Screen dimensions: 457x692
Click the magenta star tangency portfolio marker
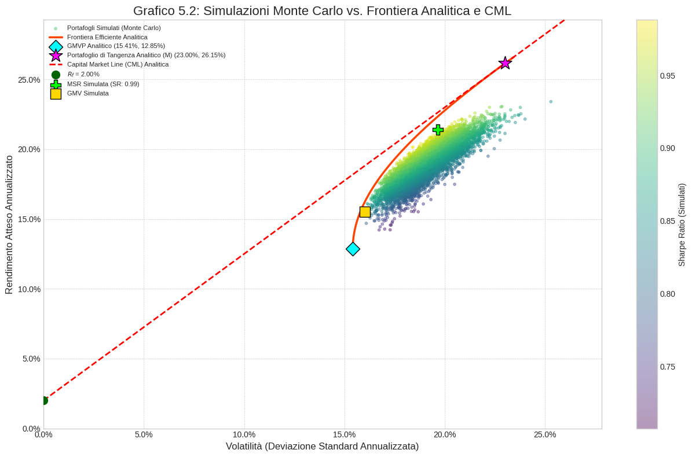pos(505,63)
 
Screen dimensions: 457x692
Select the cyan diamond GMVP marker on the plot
pos(353,249)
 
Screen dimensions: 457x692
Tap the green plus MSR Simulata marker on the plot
pos(438,130)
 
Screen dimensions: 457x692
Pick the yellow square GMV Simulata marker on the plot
pos(365,212)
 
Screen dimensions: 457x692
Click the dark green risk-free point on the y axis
pos(43,400)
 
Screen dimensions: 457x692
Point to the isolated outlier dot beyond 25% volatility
pos(551,102)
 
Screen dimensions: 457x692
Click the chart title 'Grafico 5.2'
pos(322,10)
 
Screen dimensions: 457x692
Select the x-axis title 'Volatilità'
pos(322,446)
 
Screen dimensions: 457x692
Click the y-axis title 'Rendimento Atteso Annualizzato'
pos(9,224)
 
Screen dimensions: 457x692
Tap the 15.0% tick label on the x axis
pos(345,434)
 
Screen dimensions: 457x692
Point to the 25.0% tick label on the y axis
pos(29,80)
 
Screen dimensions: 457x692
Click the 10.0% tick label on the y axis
pos(29,289)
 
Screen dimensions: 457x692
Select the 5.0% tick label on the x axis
pos(144,434)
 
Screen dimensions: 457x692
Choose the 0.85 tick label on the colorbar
pos(667,221)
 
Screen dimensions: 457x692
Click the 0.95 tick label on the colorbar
pos(667,76)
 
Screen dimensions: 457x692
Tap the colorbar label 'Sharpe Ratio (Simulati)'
pos(682,224)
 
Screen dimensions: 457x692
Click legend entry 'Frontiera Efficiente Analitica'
pos(107,37)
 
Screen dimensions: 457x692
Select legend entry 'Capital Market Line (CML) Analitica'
pos(118,64)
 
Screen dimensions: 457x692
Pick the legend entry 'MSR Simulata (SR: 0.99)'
pos(103,84)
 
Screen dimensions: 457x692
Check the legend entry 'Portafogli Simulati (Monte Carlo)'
pos(113,28)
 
